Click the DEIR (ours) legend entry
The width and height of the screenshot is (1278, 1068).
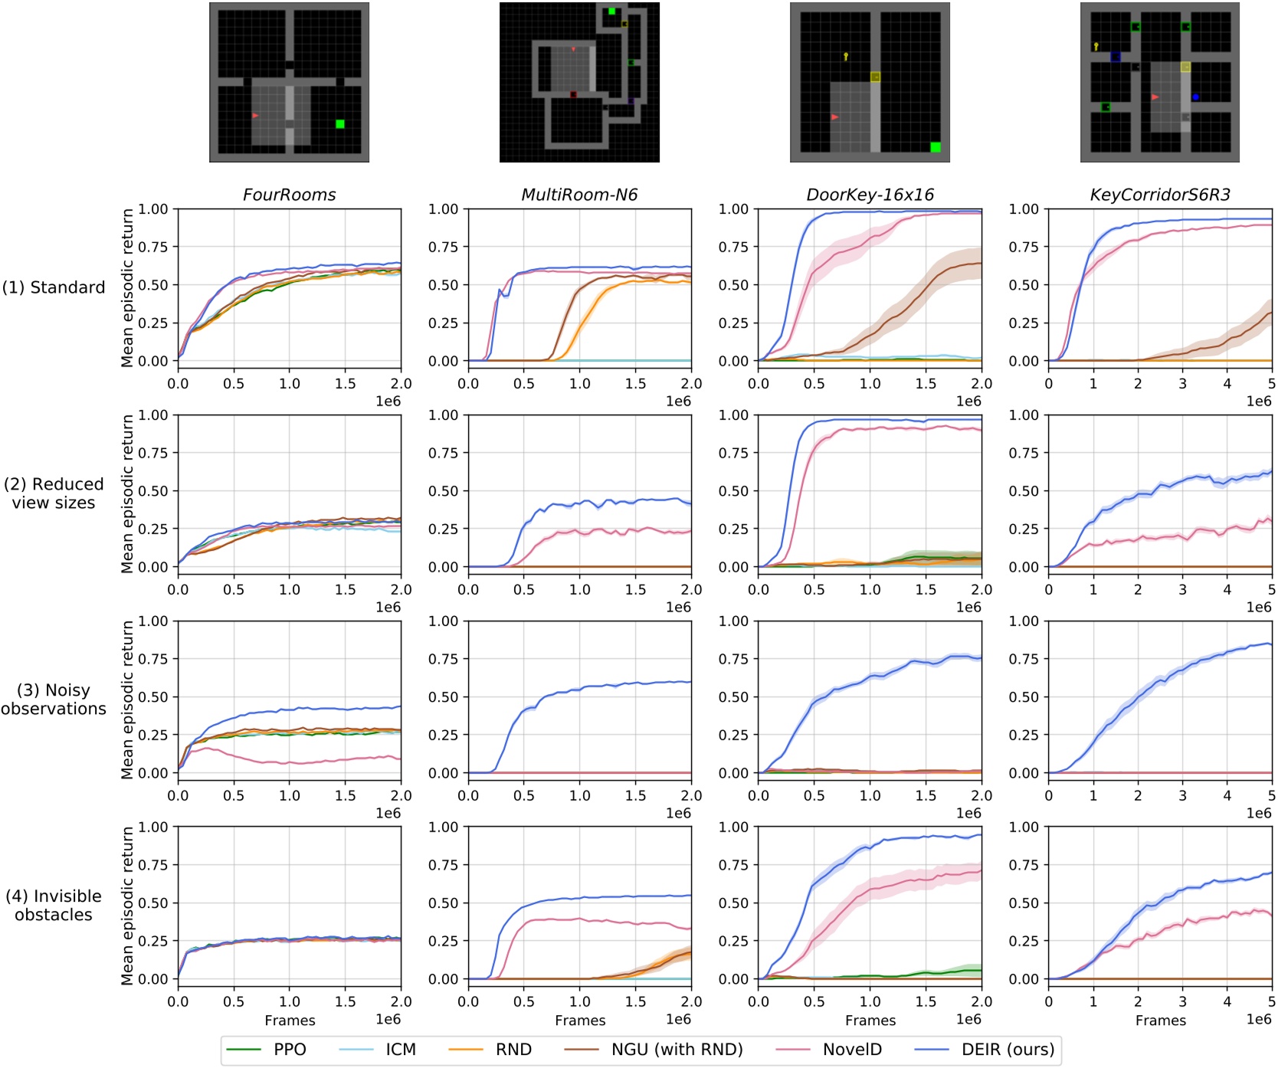coord(1008,1050)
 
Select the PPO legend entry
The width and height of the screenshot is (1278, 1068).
coord(290,1050)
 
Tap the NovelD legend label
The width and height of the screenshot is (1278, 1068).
coord(852,1050)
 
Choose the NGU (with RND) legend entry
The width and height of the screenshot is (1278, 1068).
coord(677,1050)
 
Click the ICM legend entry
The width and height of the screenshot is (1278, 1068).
coord(400,1050)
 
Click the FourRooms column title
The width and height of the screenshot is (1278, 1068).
coord(289,195)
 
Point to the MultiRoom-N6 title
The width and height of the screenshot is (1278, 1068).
coord(579,195)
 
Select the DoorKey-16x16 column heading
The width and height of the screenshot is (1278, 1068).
coord(870,195)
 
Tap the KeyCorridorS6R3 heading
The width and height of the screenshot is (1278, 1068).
coord(1159,195)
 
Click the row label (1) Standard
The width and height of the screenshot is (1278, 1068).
coord(54,287)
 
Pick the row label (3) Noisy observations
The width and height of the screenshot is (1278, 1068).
coord(54,699)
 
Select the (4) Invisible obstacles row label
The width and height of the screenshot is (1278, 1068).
coord(54,906)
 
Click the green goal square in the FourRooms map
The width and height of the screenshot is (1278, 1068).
coord(340,124)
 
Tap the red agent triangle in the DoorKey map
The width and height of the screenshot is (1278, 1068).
coord(834,117)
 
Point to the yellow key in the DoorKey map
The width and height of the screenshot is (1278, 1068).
coord(846,57)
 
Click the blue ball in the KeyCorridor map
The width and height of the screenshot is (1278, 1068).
coord(1195,97)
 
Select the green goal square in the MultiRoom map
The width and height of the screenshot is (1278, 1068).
coord(611,11)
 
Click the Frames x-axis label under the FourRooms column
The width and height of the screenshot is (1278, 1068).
coord(290,1020)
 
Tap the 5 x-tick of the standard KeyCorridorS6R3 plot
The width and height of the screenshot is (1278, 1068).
coord(1271,383)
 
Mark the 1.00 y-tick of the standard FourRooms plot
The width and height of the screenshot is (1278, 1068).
coord(153,209)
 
